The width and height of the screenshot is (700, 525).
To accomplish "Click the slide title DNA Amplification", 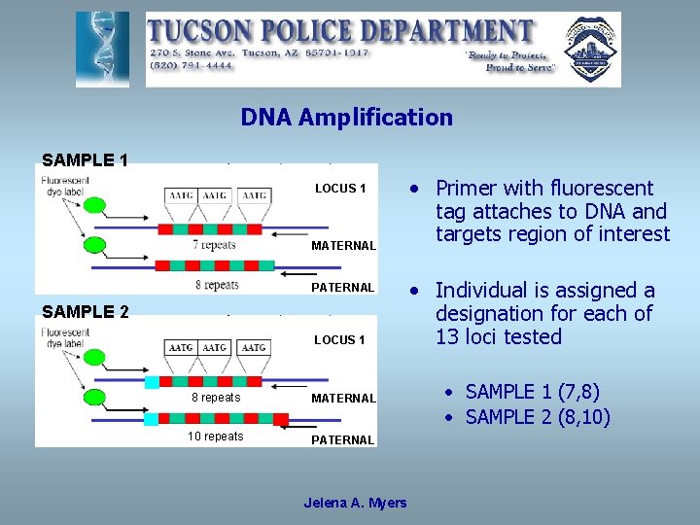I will point(346,118).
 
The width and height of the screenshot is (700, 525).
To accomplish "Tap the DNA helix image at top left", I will point(102,49).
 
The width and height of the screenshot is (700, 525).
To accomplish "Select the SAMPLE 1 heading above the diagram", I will point(85,159).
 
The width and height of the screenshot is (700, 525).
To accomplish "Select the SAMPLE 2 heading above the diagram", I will point(85,311).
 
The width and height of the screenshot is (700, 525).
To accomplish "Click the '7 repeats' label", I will point(214,244).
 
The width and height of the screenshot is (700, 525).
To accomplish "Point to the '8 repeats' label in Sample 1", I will point(217,284).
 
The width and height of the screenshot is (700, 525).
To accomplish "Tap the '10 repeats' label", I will point(216,437).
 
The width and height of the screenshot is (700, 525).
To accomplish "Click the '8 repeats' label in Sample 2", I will point(215,398).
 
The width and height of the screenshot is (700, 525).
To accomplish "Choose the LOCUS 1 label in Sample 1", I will point(339,189).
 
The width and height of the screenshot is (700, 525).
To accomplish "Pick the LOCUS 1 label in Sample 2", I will point(339,340).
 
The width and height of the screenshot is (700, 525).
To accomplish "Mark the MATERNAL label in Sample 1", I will point(343,246).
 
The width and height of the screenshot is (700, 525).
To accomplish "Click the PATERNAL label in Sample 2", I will point(342,440).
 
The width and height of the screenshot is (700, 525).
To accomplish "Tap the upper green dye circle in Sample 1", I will point(95,205).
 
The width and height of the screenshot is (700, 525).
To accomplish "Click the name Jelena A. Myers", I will point(355,503).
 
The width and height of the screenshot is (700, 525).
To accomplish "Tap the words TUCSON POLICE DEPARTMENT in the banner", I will point(340,31).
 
